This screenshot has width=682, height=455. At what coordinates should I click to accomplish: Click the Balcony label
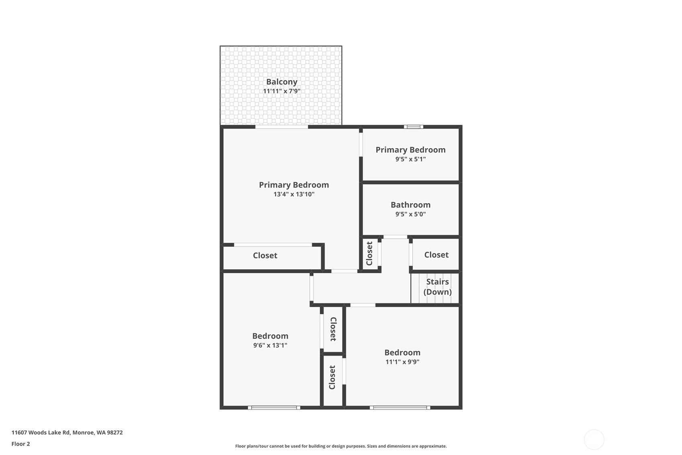point(281,82)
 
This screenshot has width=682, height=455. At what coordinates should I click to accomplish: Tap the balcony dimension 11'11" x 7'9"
point(281,91)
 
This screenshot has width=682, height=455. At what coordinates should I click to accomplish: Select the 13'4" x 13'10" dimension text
point(294,194)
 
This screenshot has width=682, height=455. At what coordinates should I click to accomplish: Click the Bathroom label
point(410,205)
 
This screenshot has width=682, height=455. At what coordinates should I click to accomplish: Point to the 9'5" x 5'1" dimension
point(410,159)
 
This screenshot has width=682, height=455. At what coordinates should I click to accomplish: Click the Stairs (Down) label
point(437,286)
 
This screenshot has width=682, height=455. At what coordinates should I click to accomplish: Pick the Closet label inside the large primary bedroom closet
point(265,255)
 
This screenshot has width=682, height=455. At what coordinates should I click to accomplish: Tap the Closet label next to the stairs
point(436,255)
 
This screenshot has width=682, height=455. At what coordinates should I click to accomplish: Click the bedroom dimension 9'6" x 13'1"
point(270,345)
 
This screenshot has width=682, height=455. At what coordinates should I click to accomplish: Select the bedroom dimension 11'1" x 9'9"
point(402,362)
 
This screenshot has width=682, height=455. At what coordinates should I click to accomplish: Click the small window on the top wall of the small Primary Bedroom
point(414,127)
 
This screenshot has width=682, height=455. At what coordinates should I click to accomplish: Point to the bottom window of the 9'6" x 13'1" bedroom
point(274,408)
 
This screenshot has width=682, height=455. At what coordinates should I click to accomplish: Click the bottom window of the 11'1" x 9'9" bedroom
point(400,408)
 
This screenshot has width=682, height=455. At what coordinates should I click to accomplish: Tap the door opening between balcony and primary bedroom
point(281,127)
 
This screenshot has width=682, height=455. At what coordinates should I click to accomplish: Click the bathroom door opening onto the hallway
point(395,237)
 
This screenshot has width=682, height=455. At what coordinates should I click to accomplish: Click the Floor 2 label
point(20,444)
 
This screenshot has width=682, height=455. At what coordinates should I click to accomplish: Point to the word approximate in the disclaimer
point(434,446)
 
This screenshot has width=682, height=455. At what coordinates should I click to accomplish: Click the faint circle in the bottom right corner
point(594,439)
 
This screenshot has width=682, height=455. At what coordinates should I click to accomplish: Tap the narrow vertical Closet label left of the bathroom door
point(369,253)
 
